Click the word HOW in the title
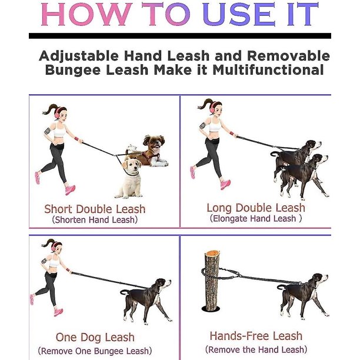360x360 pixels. pos(85,14)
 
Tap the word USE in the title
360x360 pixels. pos(239,14)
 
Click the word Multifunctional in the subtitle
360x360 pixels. pos(268,70)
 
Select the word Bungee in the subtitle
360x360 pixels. pos(73,70)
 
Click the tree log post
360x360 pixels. pos(212,281)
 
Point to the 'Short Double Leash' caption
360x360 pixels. pos(95,209)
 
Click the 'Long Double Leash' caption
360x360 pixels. pos(256,208)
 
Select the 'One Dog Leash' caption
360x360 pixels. pos(95,337)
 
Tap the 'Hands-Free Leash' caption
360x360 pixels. pos(256,336)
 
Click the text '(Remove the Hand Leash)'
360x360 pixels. pos(256,349)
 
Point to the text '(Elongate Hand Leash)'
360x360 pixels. pos(256,218)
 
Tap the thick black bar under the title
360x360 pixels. pos(180,36)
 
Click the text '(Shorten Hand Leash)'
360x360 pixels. pos(95,220)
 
